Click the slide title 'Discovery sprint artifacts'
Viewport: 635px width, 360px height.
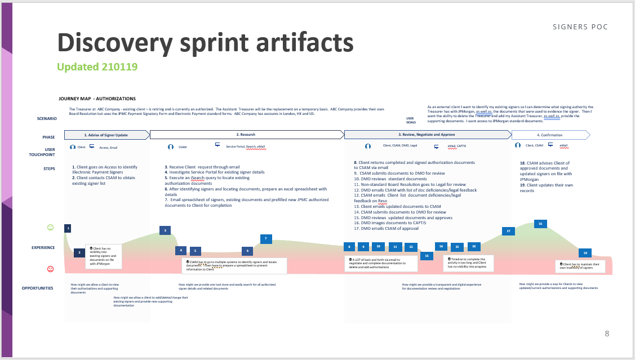pos(205,43)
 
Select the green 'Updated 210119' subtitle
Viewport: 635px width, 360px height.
pos(97,66)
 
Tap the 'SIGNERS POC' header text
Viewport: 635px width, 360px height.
pos(580,27)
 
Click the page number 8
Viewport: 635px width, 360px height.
pos(606,334)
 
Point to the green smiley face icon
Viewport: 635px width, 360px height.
pos(50,228)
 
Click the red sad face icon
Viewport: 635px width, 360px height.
pos(50,269)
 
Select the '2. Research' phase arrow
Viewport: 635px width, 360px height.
pos(246,135)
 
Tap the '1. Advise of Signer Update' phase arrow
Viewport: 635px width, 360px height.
pos(107,135)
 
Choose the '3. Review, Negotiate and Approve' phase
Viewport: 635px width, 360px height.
pos(427,135)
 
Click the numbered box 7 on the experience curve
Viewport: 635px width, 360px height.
pos(266,239)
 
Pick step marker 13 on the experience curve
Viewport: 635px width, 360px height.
pos(427,256)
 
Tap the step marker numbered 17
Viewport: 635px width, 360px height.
pos(508,231)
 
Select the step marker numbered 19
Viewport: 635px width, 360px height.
pos(585,253)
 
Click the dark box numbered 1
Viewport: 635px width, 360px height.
pos(68,228)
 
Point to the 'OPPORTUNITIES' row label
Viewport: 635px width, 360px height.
pos(38,288)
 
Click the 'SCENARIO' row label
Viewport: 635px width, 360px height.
pos(47,118)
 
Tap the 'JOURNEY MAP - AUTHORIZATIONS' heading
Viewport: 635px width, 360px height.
pos(97,99)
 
